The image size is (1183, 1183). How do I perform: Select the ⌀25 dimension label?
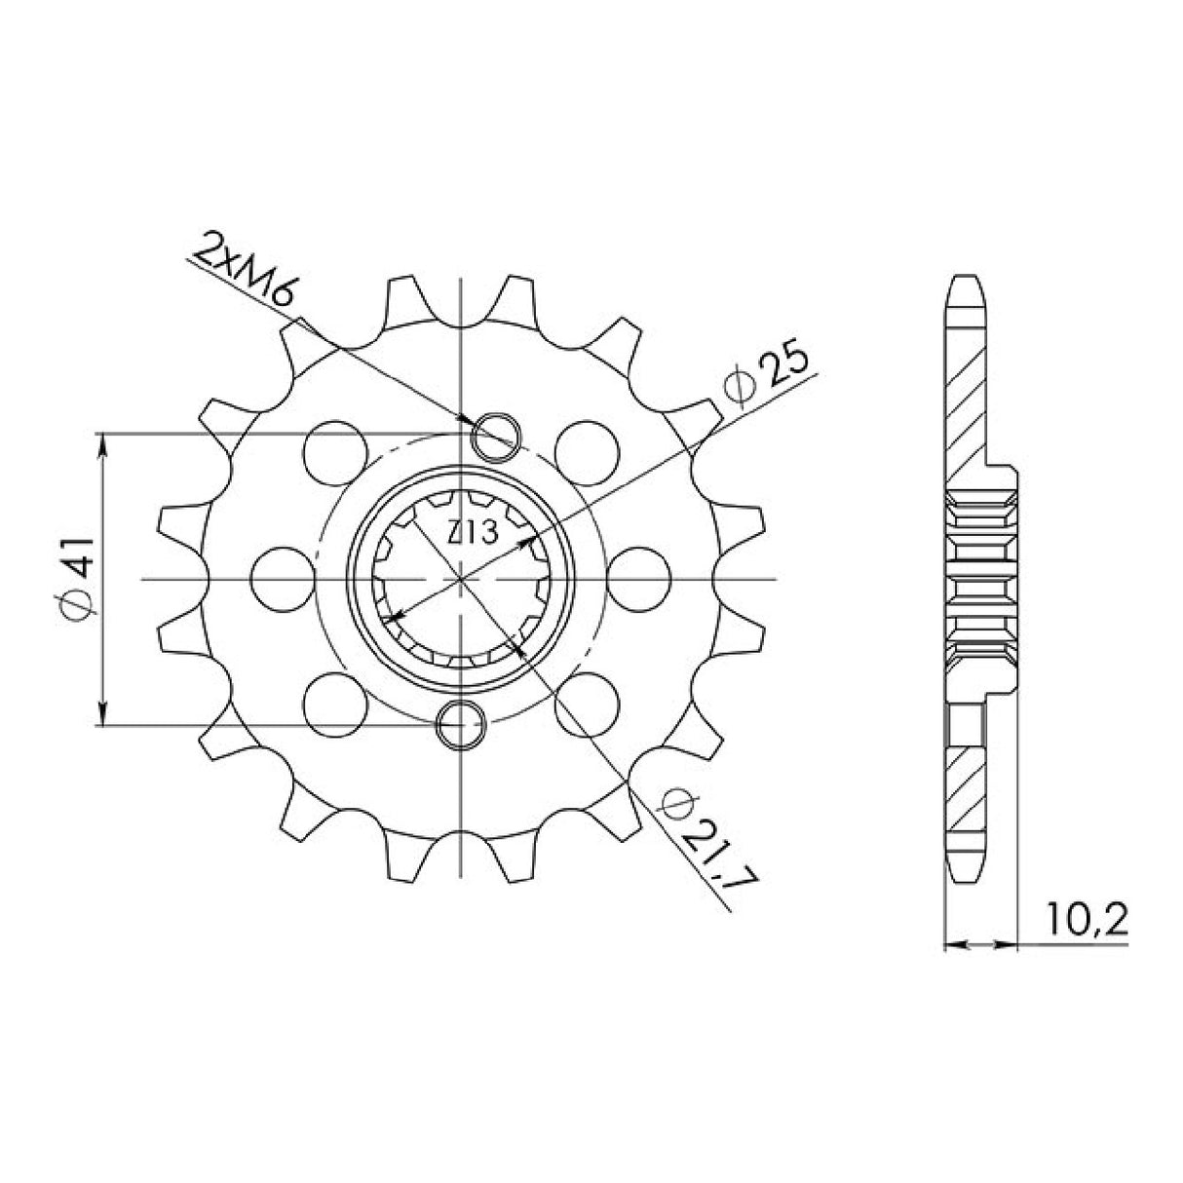pyautogui.click(x=771, y=374)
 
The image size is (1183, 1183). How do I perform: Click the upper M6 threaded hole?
pyautogui.click(x=495, y=435)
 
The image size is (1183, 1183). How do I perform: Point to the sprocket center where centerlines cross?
pyautogui.click(x=460, y=579)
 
